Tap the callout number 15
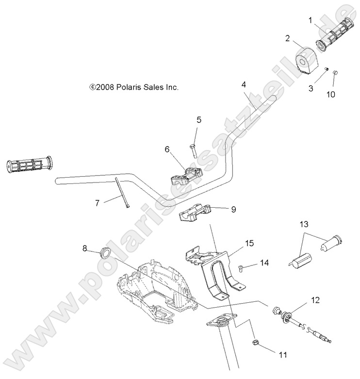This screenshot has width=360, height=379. click(249, 242)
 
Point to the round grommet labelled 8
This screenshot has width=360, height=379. click(104, 253)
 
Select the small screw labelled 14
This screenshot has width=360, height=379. click(241, 265)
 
